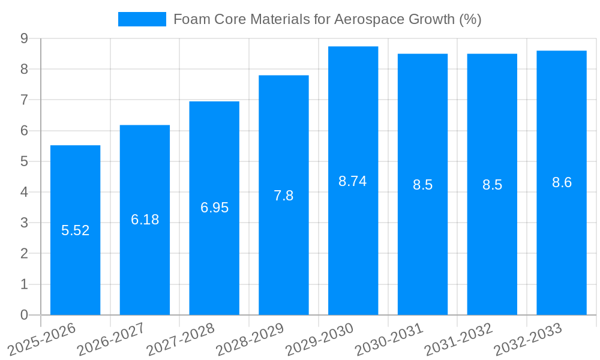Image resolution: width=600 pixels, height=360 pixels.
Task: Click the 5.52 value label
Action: (x=76, y=230)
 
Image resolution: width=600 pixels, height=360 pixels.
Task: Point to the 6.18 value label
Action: (x=145, y=220)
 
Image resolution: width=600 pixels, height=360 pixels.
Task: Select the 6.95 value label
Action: (x=214, y=208)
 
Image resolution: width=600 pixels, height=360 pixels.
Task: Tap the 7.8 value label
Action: (x=284, y=196)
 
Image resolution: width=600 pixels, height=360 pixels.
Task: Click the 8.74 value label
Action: (x=353, y=181)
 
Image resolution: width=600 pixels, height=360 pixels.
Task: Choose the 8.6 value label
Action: (x=562, y=183)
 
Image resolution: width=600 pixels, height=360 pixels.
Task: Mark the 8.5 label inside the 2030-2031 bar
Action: (x=422, y=185)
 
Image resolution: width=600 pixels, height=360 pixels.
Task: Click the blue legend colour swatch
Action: (x=142, y=19)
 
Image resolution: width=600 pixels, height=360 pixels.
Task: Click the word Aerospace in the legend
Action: (x=369, y=19)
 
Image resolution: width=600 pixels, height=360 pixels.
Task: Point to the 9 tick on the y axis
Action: (x=24, y=38)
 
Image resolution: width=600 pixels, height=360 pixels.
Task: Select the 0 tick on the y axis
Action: (x=24, y=315)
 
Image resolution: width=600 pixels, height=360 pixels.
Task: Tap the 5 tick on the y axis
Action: (x=24, y=161)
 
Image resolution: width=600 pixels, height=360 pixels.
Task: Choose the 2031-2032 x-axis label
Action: (x=459, y=339)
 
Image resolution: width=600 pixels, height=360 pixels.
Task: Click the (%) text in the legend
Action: (x=470, y=19)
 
